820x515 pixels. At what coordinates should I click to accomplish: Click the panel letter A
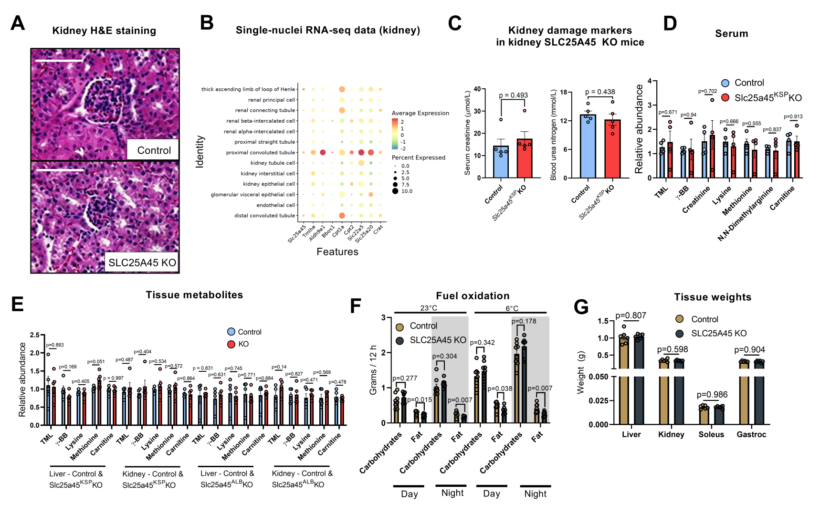pos(18,23)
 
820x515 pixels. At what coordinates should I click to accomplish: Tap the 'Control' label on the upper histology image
pos(154,150)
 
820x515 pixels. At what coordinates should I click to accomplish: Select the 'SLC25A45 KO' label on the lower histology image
pos(142,263)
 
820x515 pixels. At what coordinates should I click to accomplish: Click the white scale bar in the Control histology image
pos(59,61)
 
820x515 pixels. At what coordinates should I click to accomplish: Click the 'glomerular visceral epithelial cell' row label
pos(252,195)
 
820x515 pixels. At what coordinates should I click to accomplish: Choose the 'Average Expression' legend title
pos(420,113)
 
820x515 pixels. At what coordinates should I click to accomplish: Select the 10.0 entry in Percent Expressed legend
pos(406,191)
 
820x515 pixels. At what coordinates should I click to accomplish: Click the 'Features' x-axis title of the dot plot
pos(337,252)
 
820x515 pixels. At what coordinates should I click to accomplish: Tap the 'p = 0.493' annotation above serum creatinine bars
pos(513,95)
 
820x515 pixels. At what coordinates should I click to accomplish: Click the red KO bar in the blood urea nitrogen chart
pos(613,149)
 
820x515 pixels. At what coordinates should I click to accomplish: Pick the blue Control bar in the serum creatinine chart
pos(501,162)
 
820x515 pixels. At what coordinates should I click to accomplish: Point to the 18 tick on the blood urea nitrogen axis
pos(563,92)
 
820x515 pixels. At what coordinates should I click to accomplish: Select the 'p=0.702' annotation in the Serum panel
pos(707,91)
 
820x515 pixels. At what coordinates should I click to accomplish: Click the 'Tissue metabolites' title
pos(194,295)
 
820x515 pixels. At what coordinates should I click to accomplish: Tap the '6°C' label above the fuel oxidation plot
pos(512,308)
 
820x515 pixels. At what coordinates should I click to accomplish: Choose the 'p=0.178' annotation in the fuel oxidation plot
pos(524,321)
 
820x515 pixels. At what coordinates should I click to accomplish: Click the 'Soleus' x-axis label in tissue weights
pos(711,434)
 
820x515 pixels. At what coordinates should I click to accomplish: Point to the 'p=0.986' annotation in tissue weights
pos(712,395)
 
